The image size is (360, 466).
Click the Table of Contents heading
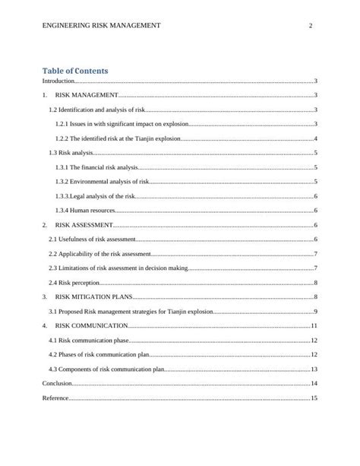74,71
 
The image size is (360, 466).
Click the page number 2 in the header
311,26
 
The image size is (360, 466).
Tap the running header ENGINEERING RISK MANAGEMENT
103,26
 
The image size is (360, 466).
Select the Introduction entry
58,81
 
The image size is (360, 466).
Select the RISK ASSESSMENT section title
85,225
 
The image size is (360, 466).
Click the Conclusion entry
58,384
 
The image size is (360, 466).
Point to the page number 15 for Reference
314,398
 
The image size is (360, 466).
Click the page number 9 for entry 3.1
315,312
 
